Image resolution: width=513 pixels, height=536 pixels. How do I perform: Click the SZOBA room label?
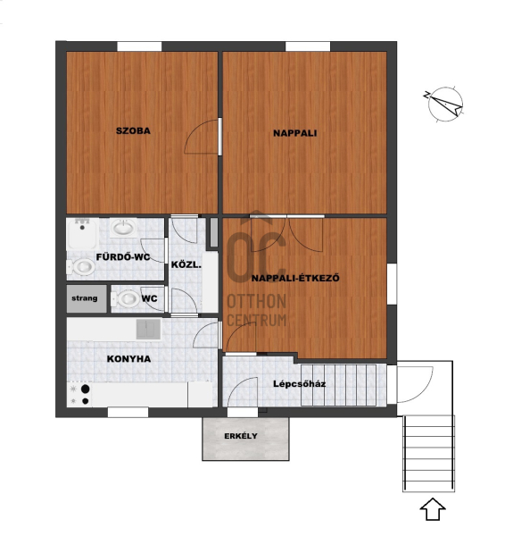[133, 130]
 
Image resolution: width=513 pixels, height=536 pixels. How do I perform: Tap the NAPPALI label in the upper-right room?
[295, 133]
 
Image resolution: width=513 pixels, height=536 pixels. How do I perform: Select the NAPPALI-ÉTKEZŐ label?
[295, 278]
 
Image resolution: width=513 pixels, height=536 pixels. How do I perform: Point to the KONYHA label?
[128, 358]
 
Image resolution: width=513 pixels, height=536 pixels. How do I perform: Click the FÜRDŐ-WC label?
[123, 256]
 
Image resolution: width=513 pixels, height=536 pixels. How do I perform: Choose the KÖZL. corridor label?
[186, 264]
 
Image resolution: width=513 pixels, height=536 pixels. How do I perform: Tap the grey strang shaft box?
[87, 298]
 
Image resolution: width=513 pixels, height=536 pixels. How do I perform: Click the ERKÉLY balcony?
[245, 439]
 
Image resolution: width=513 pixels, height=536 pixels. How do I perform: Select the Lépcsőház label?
[300, 384]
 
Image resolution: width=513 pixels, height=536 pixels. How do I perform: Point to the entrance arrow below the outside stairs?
[433, 509]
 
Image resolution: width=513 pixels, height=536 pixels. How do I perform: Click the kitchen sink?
[148, 329]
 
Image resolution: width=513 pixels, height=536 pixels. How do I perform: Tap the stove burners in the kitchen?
[79, 395]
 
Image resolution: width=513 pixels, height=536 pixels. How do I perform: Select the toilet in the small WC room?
[125, 298]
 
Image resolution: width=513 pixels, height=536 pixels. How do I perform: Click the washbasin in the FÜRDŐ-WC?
[123, 227]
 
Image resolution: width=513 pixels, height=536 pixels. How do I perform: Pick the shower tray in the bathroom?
[83, 234]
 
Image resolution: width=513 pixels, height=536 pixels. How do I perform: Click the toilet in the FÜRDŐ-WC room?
[81, 266]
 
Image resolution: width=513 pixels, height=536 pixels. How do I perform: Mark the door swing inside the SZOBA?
[202, 137]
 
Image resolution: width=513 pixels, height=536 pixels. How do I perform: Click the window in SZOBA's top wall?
[139, 46]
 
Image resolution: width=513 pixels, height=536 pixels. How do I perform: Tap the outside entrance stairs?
[429, 453]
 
